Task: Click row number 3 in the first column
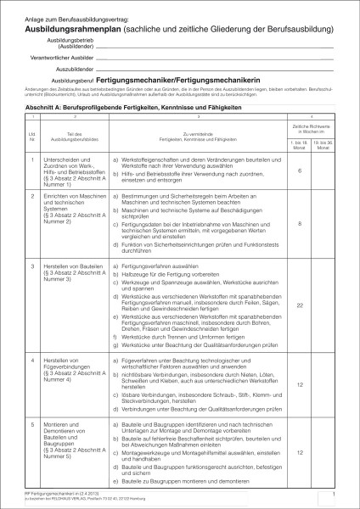[x=32, y=266]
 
